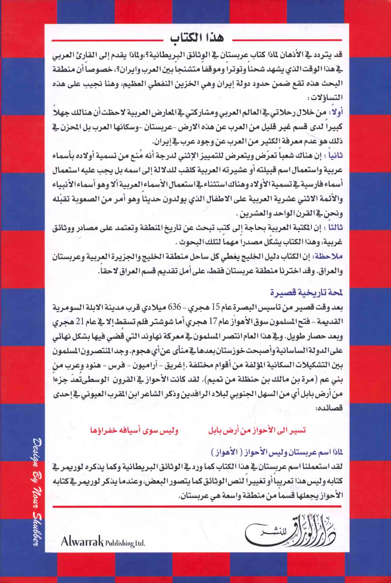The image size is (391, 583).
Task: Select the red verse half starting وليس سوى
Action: tap(135, 430)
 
